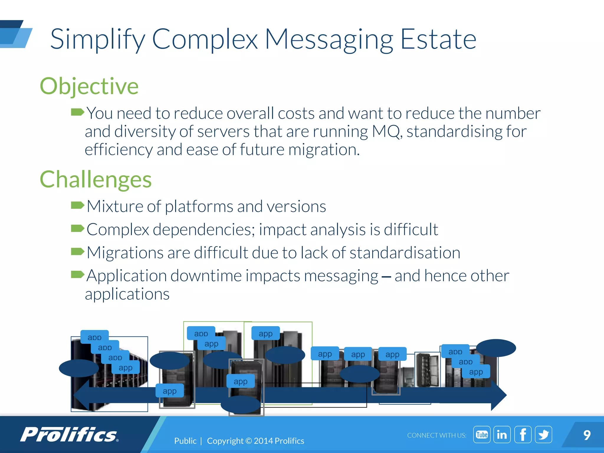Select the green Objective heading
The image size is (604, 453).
(89, 86)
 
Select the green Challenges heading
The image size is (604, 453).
(96, 180)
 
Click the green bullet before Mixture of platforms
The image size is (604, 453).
(78, 205)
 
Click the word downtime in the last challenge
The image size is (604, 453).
(206, 276)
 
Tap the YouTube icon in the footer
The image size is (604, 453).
(482, 434)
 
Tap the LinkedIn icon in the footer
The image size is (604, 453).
(502, 434)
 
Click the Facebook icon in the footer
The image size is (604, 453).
(523, 434)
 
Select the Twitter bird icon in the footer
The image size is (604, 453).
(543, 434)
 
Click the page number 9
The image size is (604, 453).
(587, 435)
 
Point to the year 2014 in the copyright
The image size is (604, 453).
(263, 441)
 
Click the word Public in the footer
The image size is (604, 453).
(185, 441)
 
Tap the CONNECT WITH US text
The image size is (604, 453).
(436, 435)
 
